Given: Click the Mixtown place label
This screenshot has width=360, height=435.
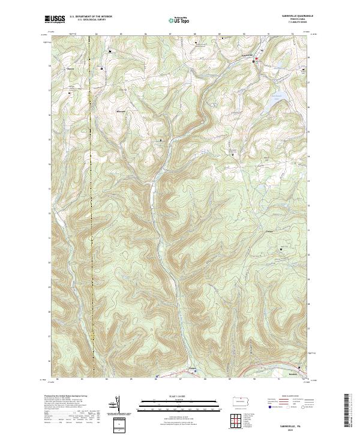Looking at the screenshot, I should coord(122,112).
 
